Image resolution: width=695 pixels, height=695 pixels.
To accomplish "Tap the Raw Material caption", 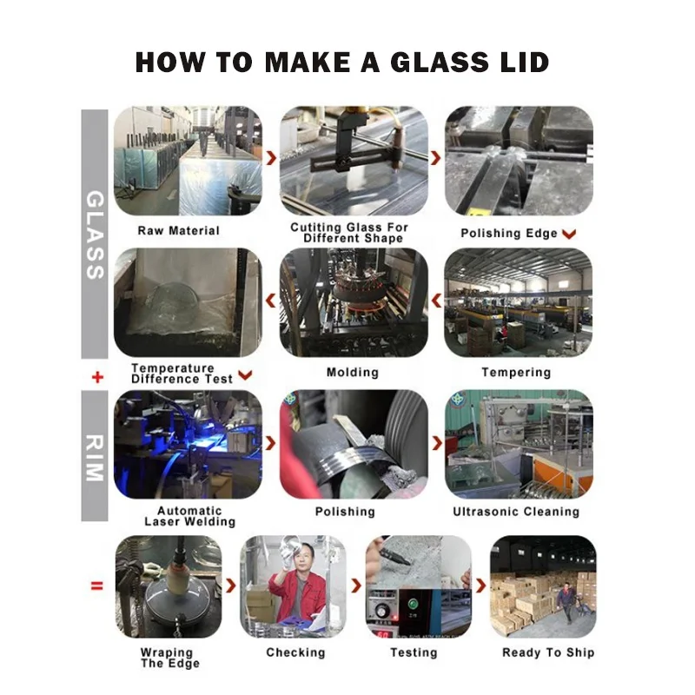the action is click(179, 230).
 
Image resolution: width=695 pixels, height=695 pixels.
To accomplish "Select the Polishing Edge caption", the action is click(509, 233).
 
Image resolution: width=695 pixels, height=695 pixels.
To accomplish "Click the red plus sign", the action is click(97, 377).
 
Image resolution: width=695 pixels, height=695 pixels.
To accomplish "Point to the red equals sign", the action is click(96, 586).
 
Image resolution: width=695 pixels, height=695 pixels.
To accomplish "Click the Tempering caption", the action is click(516, 373).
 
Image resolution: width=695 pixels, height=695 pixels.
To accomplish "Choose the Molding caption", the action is click(353, 373).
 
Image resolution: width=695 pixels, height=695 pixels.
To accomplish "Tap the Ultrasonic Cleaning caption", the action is click(516, 512).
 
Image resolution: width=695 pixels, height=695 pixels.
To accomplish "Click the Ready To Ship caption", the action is click(548, 652).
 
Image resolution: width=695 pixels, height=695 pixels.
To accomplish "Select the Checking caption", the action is click(295, 652).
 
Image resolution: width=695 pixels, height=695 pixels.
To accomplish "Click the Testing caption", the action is click(414, 652).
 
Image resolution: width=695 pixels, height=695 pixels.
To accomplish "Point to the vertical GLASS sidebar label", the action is click(95, 235).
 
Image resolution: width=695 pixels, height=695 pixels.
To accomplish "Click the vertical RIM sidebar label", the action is click(95, 458).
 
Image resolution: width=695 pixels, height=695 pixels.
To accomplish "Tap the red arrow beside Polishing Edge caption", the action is click(569, 234).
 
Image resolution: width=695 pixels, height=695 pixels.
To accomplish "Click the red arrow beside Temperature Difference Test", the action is click(245, 375).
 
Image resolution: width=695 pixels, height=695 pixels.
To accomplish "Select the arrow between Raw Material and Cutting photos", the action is click(271, 158).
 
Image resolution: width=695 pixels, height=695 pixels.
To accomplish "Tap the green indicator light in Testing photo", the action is click(414, 604).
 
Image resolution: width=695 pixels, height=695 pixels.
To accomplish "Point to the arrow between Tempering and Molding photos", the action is click(437, 301).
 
